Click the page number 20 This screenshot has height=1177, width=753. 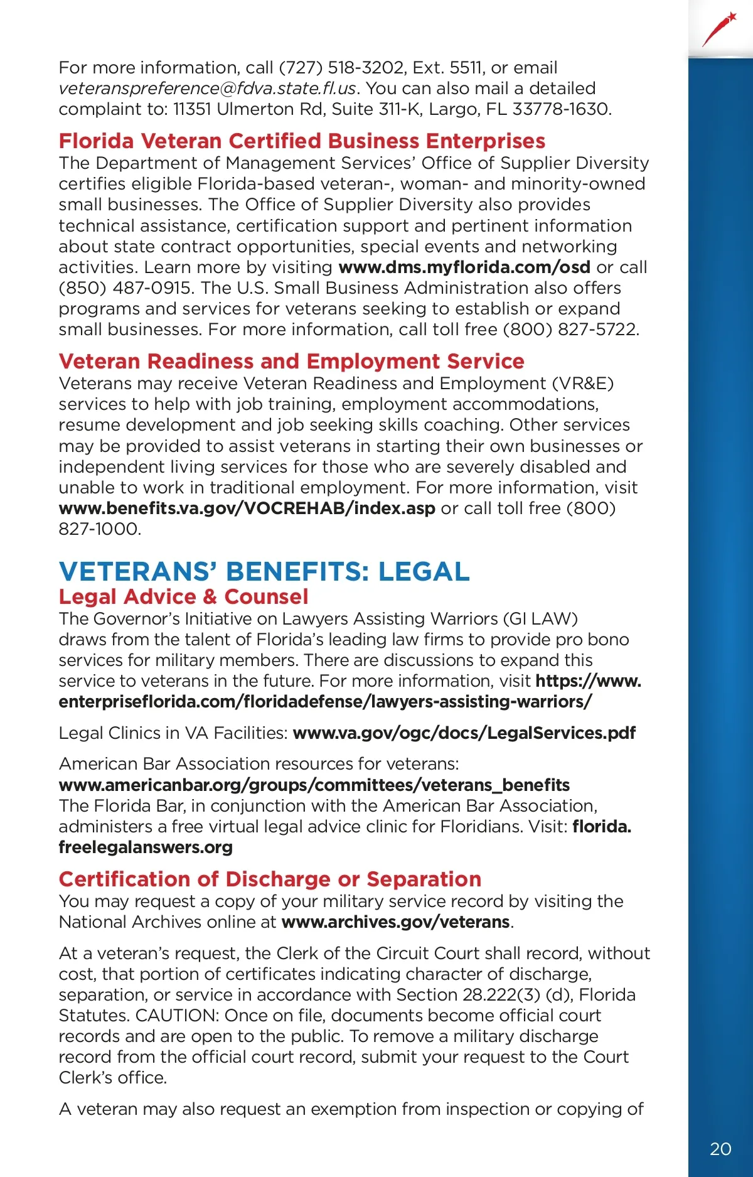pos(720,1149)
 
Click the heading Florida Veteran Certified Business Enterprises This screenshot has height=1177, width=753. pos(302,141)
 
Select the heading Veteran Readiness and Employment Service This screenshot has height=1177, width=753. pos(291,361)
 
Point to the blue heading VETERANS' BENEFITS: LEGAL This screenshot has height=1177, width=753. pos(264,571)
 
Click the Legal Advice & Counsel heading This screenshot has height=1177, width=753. pos(183,596)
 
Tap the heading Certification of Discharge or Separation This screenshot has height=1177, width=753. pos(270,879)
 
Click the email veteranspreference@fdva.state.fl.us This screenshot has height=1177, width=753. pos(207,89)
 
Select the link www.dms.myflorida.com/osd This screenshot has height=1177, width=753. pos(464,267)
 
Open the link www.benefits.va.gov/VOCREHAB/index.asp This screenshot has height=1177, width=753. pos(247,508)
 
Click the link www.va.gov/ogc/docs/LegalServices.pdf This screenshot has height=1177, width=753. pos(464,733)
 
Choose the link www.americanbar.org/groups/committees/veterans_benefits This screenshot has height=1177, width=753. pos(314,785)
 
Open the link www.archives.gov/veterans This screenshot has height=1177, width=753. pos(395,922)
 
